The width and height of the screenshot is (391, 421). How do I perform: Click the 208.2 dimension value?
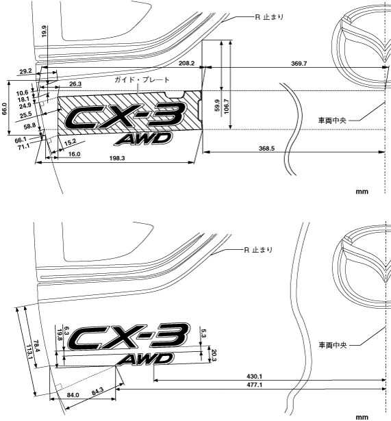coord(187,64)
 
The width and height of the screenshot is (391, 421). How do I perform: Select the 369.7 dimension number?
coord(299,64)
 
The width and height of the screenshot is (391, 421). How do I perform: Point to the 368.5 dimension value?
coord(266,149)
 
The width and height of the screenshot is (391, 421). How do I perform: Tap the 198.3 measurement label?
coord(117,158)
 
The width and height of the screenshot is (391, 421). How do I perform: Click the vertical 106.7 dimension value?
coord(226,106)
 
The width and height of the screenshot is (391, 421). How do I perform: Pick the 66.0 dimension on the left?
coord(5,108)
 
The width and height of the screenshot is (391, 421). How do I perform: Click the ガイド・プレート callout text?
coord(142,79)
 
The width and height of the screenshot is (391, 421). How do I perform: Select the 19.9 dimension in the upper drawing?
coord(45,31)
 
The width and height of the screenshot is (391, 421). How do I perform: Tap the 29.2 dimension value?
coord(26,71)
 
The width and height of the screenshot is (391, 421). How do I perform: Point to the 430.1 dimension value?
coord(254,377)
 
